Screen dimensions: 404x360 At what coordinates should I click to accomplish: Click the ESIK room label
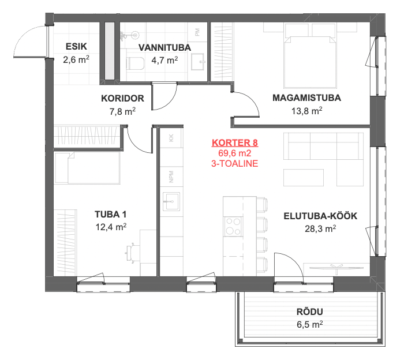point(76,47)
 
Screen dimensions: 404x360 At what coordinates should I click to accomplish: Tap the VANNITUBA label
point(164,47)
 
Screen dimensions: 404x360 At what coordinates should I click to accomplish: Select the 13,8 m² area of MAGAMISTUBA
point(307,111)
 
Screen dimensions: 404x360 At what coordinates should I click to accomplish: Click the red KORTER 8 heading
point(235,142)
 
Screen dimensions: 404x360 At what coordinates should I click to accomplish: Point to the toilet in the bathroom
point(136,63)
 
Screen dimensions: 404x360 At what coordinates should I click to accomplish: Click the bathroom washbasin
point(198,62)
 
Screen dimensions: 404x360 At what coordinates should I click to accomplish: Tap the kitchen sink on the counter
point(171,201)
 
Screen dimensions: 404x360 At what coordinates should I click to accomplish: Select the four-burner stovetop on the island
point(233,226)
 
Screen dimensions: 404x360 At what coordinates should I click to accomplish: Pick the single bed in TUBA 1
point(87,168)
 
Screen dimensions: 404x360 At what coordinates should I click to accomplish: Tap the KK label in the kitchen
point(171,138)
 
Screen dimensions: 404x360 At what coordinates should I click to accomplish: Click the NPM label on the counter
point(171,177)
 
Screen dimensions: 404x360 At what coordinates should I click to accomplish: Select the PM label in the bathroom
point(197,32)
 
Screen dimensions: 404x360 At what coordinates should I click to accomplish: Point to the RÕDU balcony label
point(310,312)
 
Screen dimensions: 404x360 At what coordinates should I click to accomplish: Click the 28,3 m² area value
point(320,228)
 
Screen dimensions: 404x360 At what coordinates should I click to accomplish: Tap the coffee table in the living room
point(304,178)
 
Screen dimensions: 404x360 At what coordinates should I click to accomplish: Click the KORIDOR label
point(122,99)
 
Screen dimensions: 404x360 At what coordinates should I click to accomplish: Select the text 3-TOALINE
point(235,163)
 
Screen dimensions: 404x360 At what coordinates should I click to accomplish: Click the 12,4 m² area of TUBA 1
point(111,227)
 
